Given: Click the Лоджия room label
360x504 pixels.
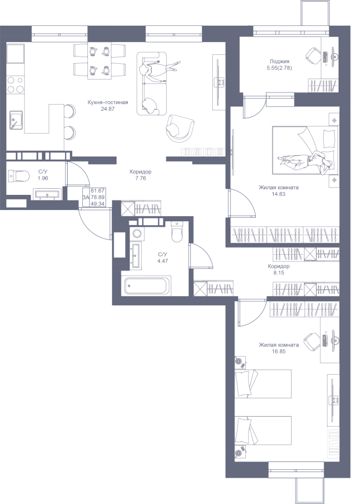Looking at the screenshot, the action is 279,61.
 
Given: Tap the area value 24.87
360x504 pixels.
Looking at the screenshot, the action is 108,109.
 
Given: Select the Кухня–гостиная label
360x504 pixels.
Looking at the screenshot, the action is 108,102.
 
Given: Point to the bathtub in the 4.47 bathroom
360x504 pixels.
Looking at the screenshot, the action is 147,285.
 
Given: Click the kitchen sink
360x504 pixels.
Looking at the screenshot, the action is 16,120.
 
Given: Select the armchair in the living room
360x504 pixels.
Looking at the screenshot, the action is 180,127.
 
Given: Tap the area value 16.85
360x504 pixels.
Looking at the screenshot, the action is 279,351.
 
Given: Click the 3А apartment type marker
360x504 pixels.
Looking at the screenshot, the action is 86,197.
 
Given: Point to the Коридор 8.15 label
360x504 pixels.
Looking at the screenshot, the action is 279,269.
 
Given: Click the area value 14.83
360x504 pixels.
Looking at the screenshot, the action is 279,194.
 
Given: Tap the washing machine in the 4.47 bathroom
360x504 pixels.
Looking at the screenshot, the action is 137,233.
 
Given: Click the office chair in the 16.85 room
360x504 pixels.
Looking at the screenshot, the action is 312,342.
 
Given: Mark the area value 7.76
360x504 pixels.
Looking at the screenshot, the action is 141,178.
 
